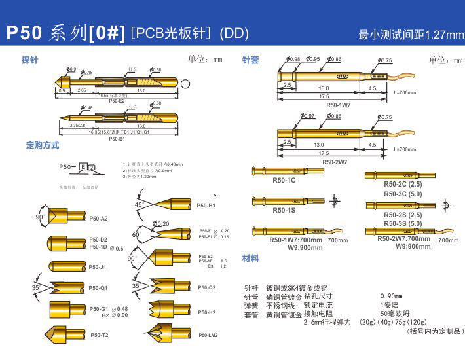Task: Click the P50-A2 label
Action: click(x=98, y=218)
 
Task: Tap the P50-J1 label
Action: click(x=98, y=267)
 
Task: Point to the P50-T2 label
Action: click(x=100, y=335)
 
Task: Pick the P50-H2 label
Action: click(x=207, y=312)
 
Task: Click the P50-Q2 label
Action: click(x=207, y=287)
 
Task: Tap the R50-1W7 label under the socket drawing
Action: click(x=338, y=105)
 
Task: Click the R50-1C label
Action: click(x=284, y=180)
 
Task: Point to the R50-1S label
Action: click(x=284, y=211)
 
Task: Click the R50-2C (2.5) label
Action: click(x=403, y=185)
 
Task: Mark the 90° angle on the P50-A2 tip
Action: click(x=39, y=217)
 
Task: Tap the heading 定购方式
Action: click(x=43, y=145)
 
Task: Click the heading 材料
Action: click(x=251, y=258)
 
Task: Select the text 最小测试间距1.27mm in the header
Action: click(x=411, y=34)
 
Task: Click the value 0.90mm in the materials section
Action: click(x=391, y=296)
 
